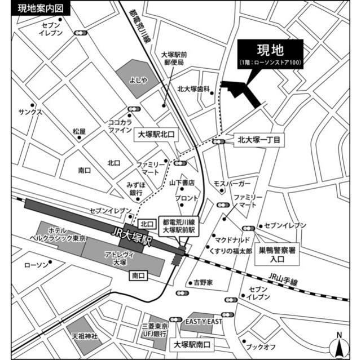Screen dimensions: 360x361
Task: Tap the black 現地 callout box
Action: point(270,55)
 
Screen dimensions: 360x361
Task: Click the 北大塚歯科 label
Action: point(193,89)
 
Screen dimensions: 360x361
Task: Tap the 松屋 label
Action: point(79,131)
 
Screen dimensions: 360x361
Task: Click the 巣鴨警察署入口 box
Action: point(279,255)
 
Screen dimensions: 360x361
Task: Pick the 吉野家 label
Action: point(202,282)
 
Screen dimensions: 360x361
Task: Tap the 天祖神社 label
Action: point(85,336)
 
